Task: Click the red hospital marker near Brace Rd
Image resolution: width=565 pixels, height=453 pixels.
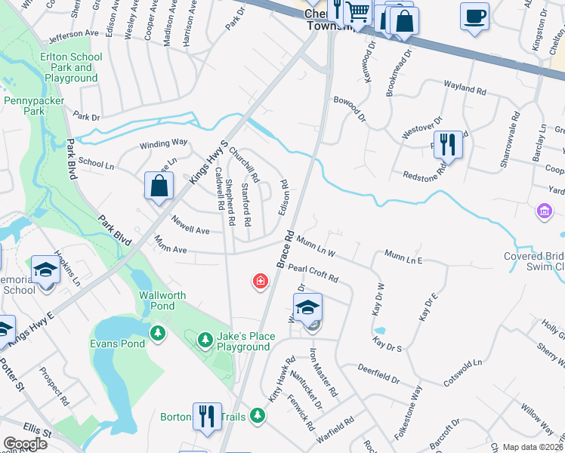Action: (260, 282)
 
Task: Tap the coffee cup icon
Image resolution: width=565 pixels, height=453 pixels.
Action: (474, 17)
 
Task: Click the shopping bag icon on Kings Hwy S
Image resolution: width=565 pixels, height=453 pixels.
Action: (159, 186)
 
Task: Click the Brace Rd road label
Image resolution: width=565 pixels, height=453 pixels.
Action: (285, 250)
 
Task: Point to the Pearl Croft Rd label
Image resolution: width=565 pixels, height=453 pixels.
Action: (313, 273)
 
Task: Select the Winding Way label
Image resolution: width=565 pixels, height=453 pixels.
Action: (163, 143)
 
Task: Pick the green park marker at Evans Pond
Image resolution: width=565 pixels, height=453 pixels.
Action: (157, 332)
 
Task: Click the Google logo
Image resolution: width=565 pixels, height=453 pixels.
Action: (25, 444)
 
